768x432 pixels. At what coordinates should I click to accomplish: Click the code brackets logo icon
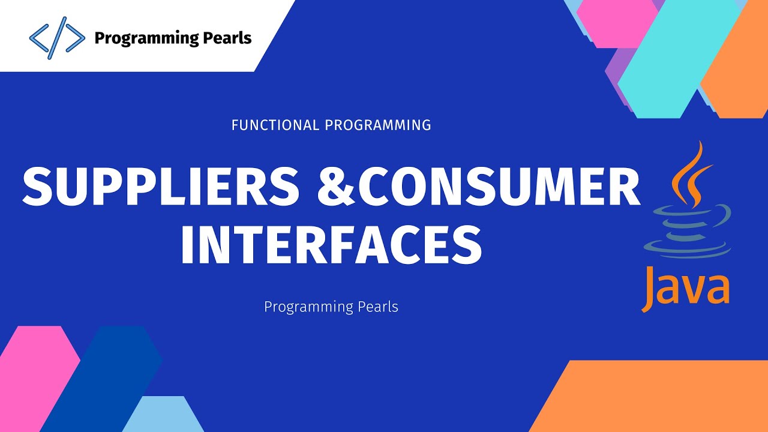pos(57,38)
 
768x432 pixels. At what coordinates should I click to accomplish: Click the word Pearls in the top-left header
pos(223,38)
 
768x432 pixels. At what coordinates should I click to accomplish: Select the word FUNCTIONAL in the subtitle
pos(275,125)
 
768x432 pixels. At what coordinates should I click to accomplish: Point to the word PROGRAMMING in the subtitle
pos(377,125)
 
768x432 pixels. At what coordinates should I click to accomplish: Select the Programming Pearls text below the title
pos(331,307)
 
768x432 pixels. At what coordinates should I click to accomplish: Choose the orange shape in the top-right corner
pos(741,66)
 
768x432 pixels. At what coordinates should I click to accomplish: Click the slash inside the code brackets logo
pos(57,38)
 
